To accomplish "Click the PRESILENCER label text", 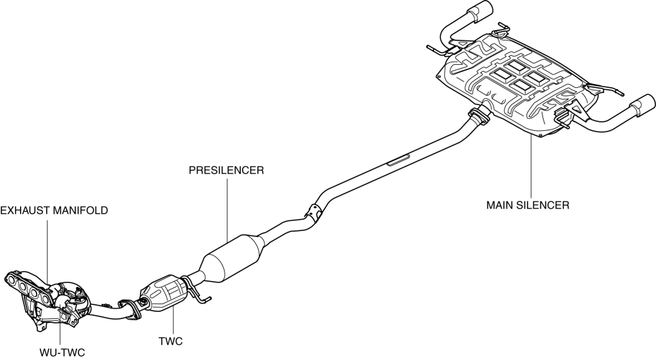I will (227, 171).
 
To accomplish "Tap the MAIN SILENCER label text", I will (528, 205).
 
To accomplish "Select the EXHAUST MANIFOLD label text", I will (54, 210).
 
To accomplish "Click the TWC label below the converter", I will (171, 341).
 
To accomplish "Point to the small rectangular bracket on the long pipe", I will (399, 159).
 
